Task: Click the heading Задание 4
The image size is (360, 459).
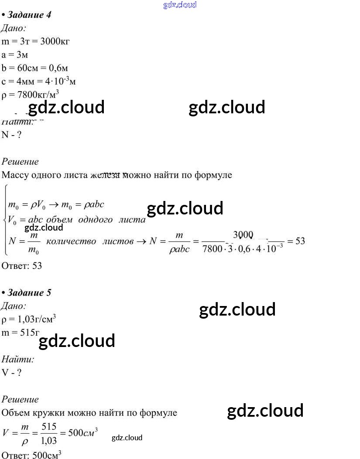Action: [29, 15]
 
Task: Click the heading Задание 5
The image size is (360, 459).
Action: [29, 292]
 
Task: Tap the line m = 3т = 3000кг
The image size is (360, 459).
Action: [36, 41]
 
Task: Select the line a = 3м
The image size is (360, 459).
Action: [15, 55]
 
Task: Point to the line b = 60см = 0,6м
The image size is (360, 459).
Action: [35, 68]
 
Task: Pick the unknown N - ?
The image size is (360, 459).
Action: [12, 134]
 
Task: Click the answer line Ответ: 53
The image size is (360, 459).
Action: [22, 265]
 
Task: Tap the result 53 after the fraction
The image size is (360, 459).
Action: [300, 241]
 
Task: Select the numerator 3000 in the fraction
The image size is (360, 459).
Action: [243, 235]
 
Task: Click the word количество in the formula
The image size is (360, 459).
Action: [71, 241]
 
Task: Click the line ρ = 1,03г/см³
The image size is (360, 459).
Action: [29, 319]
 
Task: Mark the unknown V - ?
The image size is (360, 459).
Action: [11, 373]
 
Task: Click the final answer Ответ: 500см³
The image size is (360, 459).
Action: [31, 455]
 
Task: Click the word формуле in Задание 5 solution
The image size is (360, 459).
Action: [158, 412]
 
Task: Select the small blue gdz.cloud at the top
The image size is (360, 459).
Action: [180, 5]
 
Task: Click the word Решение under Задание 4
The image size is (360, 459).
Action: [20, 161]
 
